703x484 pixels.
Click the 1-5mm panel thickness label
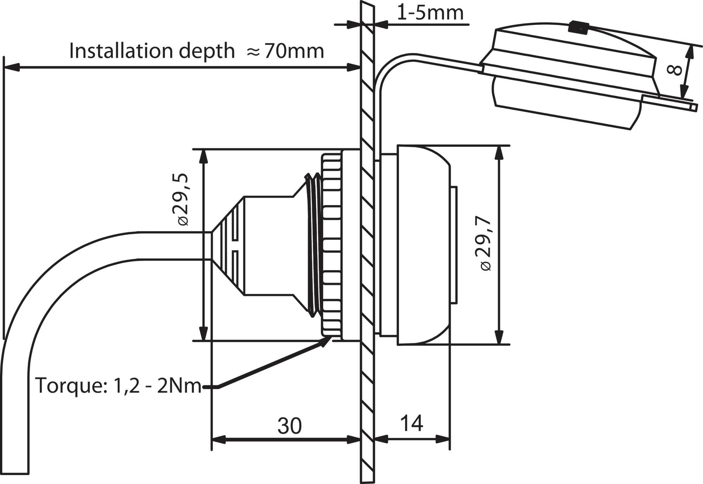[x=430, y=13]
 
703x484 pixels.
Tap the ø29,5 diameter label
[x=181, y=199]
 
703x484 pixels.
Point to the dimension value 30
[x=289, y=426]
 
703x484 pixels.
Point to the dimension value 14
[x=411, y=423]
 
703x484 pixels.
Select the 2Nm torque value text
[x=179, y=386]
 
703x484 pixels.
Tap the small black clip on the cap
[x=578, y=27]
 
